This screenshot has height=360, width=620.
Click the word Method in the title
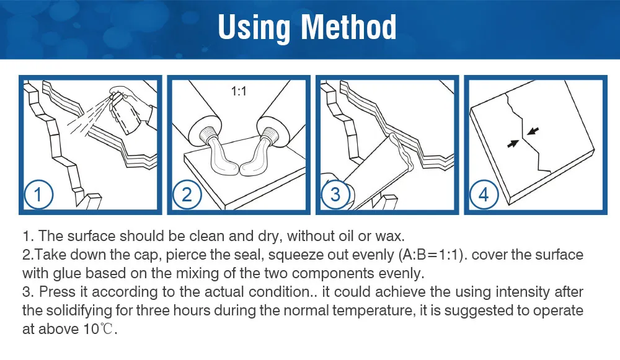pyautogui.click(x=348, y=27)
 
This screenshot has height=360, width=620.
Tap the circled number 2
pyautogui.click(x=187, y=195)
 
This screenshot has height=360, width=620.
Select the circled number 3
pyautogui.click(x=335, y=195)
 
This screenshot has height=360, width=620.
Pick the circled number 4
pyautogui.click(x=484, y=195)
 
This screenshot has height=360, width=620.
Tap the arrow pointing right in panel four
pyautogui.click(x=513, y=144)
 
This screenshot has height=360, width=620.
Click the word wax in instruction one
pyautogui.click(x=392, y=236)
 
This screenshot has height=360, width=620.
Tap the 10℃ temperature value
pyautogui.click(x=99, y=329)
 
